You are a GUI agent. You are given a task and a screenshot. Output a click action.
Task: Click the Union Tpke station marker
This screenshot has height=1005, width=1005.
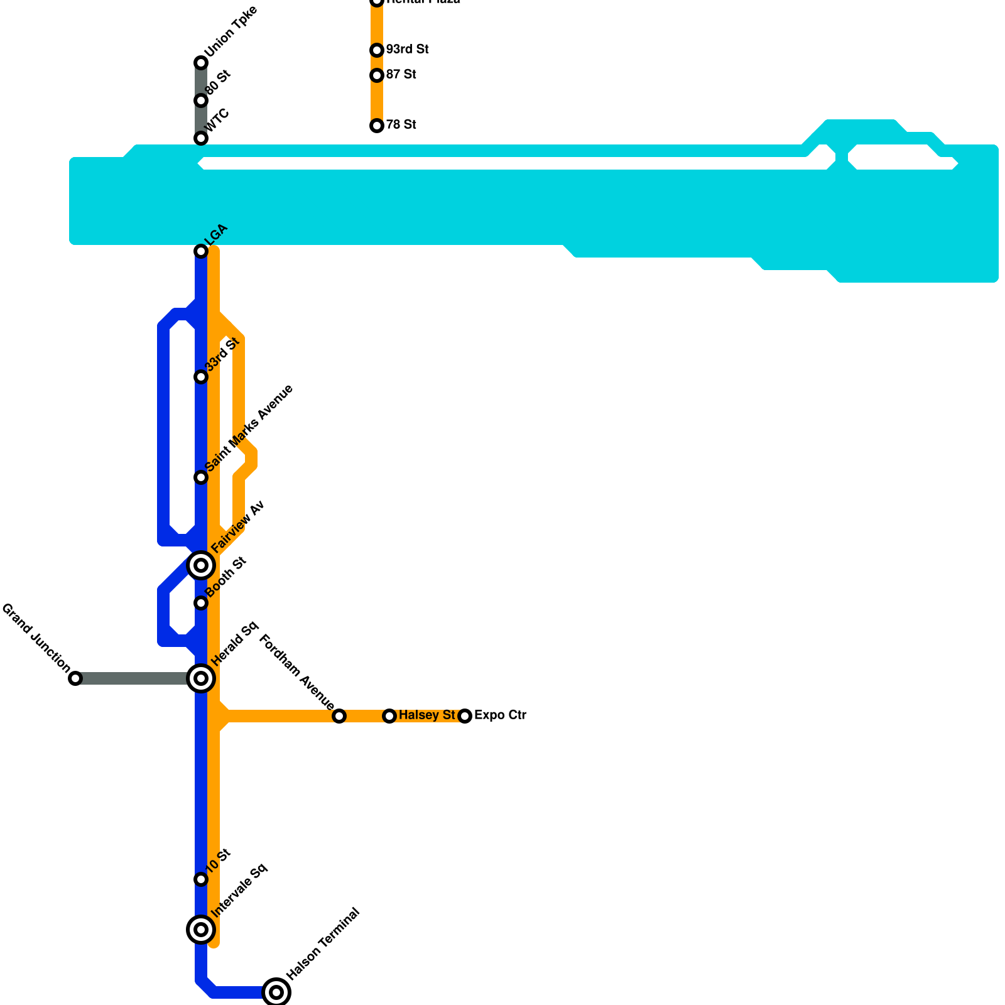pyautogui.click(x=201, y=63)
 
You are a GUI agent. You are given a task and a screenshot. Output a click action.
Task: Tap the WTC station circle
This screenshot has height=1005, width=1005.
pyautogui.click(x=201, y=138)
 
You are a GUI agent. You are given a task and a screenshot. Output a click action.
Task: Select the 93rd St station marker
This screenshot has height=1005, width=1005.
pyautogui.click(x=377, y=50)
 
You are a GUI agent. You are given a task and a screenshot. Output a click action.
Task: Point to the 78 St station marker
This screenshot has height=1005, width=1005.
pyautogui.click(x=377, y=126)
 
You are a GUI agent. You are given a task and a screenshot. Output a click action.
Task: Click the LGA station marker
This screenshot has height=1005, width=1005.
pyautogui.click(x=201, y=251)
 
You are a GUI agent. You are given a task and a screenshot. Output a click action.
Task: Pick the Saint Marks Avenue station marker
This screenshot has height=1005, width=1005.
pyautogui.click(x=201, y=477)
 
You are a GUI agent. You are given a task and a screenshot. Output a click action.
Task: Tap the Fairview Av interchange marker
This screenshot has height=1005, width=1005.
pyautogui.click(x=201, y=565)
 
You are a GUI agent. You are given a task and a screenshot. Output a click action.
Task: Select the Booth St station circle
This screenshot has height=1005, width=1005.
pyautogui.click(x=201, y=603)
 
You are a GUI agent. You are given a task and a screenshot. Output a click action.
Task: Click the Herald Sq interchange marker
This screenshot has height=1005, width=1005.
pyautogui.click(x=201, y=678)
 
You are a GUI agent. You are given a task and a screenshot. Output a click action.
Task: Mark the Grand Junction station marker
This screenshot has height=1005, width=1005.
pyautogui.click(x=75, y=678)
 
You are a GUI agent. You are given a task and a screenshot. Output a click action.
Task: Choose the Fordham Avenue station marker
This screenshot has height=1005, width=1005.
pyautogui.click(x=339, y=716)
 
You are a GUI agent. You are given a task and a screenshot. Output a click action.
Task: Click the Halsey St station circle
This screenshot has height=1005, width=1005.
pyautogui.click(x=389, y=716)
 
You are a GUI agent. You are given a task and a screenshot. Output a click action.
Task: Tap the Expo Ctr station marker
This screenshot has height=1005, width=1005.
pyautogui.click(x=465, y=716)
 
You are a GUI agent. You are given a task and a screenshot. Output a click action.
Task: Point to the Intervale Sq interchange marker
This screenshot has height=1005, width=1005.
pyautogui.click(x=201, y=930)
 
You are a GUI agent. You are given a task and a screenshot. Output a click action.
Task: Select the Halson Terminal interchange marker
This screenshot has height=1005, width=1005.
pyautogui.click(x=276, y=992)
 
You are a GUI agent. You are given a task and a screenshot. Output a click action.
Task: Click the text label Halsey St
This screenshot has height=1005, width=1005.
pyautogui.click(x=426, y=715)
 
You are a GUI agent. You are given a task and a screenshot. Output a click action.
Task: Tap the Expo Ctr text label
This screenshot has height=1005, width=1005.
pyautogui.click(x=500, y=715)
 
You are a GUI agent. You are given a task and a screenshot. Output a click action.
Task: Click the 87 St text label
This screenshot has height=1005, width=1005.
pyautogui.click(x=401, y=75)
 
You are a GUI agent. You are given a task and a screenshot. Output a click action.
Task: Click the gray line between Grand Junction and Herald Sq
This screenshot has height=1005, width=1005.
pyautogui.click(x=132, y=678)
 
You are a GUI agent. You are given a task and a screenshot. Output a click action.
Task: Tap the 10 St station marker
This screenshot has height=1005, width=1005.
pyautogui.click(x=201, y=879)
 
